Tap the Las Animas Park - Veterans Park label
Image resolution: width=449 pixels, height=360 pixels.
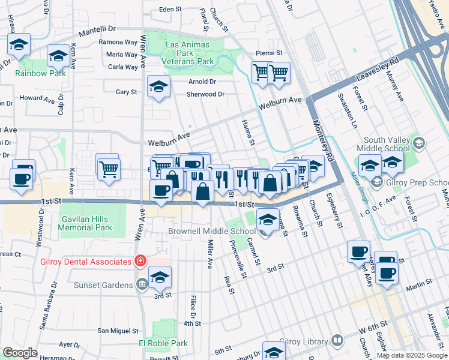(x=190, y=53)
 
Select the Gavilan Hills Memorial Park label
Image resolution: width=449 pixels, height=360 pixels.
(x=86, y=223)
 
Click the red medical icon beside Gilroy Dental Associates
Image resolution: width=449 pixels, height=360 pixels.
(x=139, y=262)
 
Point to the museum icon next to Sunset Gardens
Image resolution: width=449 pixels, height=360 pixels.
(x=142, y=284)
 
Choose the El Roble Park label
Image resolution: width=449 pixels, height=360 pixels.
(x=163, y=344)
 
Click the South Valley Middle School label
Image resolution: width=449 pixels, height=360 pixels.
(x=382, y=143)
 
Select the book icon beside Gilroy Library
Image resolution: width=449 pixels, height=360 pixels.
(x=337, y=341)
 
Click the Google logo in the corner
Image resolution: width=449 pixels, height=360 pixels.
(x=20, y=353)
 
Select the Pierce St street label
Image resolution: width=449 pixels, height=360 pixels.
(x=268, y=53)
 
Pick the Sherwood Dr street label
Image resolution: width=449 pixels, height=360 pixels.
(x=205, y=94)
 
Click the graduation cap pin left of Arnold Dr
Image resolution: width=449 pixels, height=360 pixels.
(x=158, y=88)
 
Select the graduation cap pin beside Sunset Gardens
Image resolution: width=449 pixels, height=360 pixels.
(x=160, y=278)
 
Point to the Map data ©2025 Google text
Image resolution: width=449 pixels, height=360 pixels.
(x=412, y=355)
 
